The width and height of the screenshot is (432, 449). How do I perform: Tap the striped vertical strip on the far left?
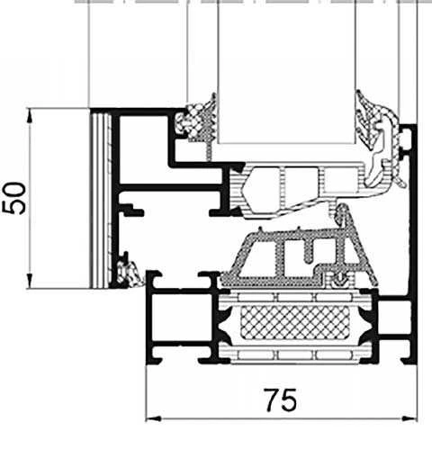coord(99,198)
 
